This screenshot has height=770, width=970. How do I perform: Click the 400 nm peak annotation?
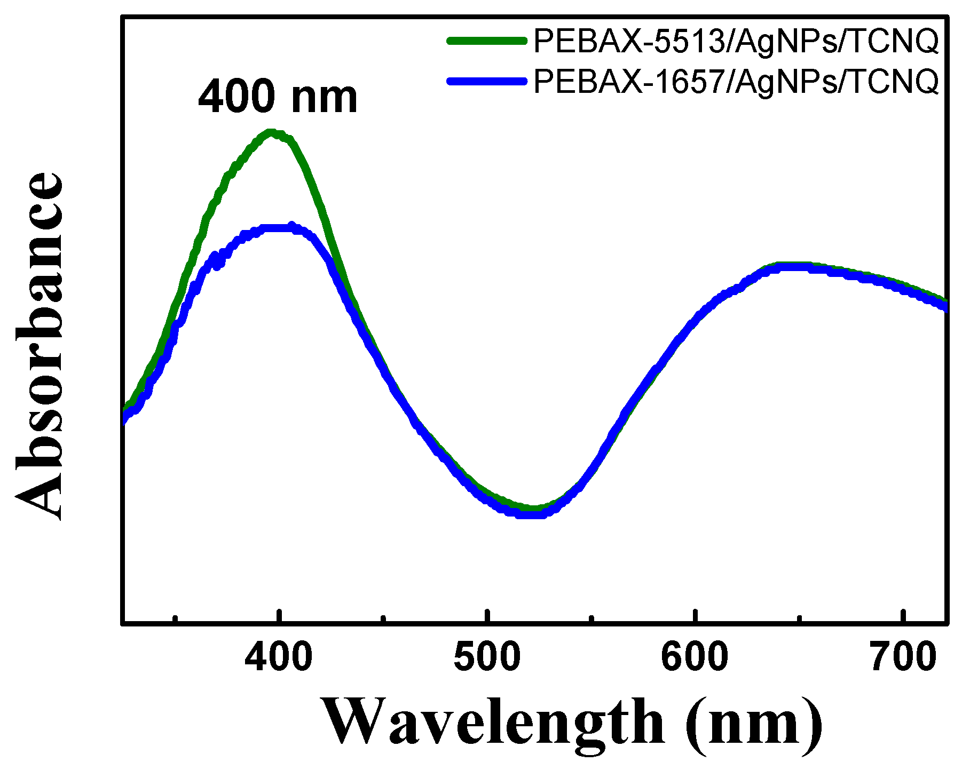click(x=278, y=98)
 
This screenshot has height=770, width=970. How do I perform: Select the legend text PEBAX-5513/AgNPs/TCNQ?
click(x=736, y=41)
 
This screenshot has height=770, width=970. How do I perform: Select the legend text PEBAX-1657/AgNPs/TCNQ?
click(x=736, y=82)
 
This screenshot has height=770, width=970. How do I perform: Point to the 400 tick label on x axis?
click(x=278, y=657)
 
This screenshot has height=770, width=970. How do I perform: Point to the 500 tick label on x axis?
click(x=486, y=657)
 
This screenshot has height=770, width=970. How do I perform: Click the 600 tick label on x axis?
click(x=694, y=657)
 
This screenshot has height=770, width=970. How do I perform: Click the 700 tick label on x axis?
click(x=903, y=657)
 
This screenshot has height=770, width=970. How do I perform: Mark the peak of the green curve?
click(x=271, y=132)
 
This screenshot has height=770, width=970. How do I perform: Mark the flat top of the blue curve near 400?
click(x=278, y=228)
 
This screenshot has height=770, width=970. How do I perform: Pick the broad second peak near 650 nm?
click(x=790, y=266)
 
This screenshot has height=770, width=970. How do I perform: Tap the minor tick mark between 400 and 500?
click(x=383, y=618)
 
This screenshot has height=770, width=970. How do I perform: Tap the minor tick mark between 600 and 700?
click(x=799, y=618)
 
